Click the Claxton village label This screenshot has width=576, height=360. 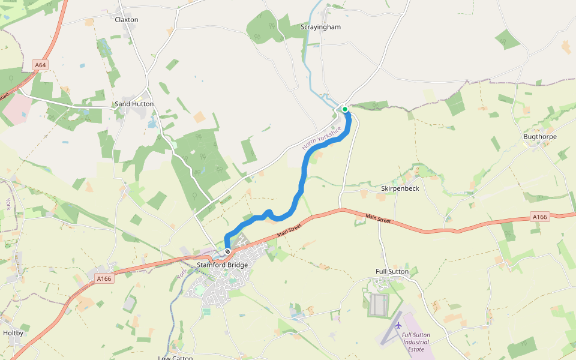coord(126,20)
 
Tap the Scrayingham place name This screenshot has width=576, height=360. coord(321,27)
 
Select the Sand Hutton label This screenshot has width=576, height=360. coord(134,104)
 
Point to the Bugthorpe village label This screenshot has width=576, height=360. coord(539,137)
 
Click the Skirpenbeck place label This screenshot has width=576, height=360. coord(400,188)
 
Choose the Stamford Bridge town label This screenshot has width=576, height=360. coord(222,265)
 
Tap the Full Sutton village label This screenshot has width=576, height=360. coord(392,272)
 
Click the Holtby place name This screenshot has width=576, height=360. coord(13,333)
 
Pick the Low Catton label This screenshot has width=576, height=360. coord(175,358)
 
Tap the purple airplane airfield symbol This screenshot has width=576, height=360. coord(398,325)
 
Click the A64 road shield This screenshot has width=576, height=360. coord(40,64)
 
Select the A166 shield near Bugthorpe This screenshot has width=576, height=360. coord(539,217)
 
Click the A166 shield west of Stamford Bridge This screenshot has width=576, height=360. coord(104,278)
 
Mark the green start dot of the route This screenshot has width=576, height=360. coord(345,109)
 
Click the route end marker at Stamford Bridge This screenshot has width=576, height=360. coord(227,251)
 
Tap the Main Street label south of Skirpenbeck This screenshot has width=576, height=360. coord(378,220)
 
